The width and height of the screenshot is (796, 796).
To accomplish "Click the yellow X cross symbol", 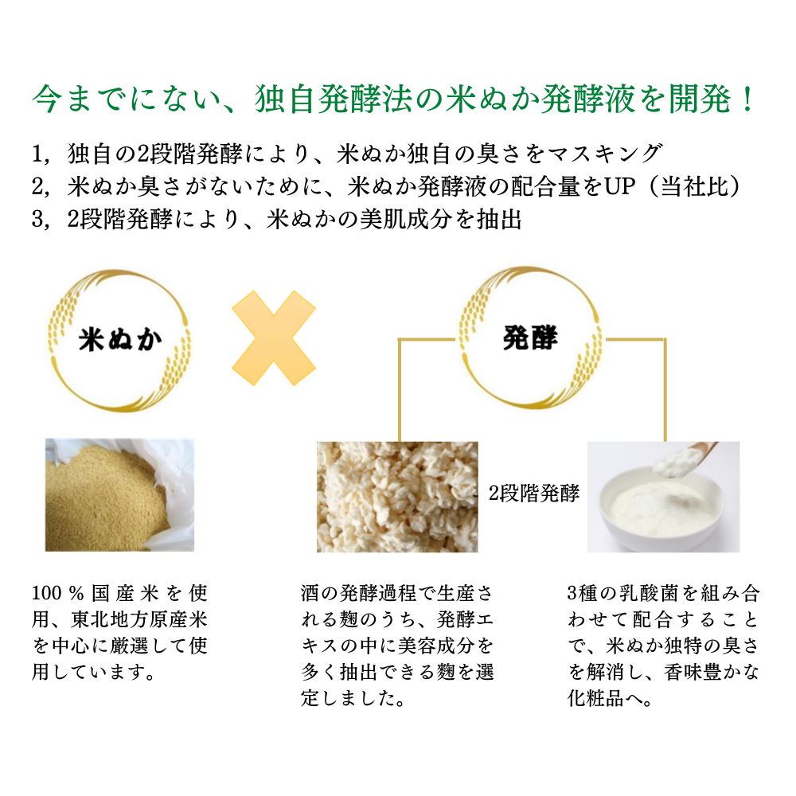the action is [274, 338].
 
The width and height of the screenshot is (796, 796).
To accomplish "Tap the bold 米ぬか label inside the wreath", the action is [120, 339].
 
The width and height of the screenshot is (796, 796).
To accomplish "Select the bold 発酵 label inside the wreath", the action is [530, 338].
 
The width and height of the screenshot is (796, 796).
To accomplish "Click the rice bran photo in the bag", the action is [119, 495].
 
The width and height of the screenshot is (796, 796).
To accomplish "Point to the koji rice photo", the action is [397, 497].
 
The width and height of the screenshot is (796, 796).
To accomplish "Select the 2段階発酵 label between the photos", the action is [533, 493].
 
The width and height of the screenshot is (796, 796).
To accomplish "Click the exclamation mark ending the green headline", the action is [747, 99].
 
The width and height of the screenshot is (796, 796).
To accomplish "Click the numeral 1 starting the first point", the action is [37, 154].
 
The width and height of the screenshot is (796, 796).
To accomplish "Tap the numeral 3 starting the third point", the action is [37, 220].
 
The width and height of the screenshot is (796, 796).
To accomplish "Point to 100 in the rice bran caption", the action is [47, 593].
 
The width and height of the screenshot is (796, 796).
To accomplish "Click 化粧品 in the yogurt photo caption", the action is [595, 699].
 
